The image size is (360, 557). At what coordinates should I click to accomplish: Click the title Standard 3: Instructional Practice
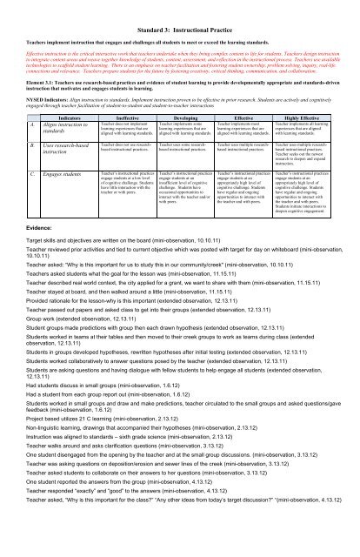[x=179, y=7]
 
